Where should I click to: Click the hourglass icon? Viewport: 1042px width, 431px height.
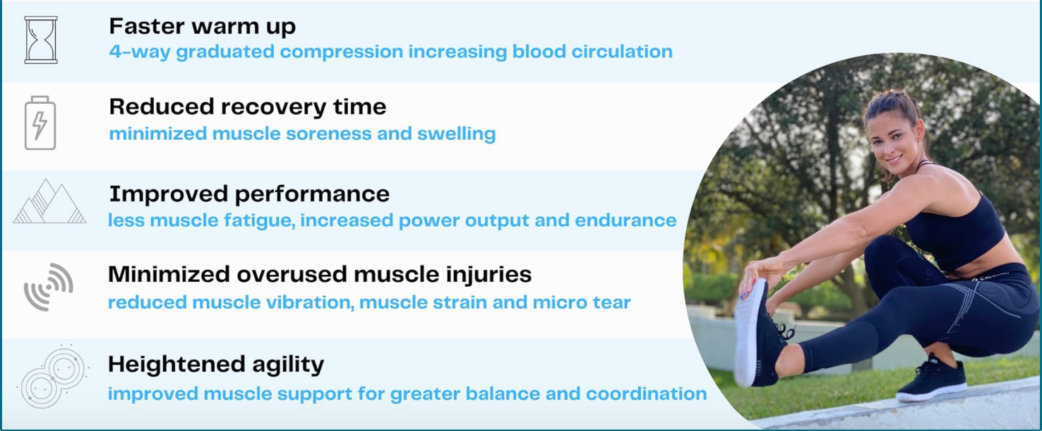point(41,40)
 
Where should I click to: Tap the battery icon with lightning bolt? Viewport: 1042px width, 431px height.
point(40,123)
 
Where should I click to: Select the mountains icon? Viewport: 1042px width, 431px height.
point(49,201)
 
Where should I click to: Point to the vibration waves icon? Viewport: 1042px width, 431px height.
point(49,287)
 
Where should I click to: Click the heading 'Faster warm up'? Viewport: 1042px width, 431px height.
point(203,27)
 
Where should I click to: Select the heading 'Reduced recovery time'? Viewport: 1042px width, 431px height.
point(248,107)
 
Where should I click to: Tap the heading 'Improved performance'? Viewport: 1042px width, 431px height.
point(249,194)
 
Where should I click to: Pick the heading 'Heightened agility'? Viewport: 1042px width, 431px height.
point(216,365)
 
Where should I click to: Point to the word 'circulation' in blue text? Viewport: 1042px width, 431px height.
point(622,52)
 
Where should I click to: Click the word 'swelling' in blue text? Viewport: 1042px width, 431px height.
point(456,134)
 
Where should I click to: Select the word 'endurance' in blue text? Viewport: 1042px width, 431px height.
point(625,220)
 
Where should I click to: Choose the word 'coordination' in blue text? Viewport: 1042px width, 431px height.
point(646,394)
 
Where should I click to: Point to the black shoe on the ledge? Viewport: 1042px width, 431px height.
point(931,380)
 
